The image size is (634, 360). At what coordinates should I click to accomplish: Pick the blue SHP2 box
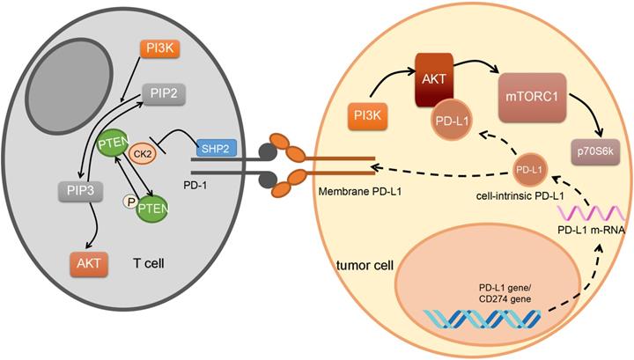tap(217, 149)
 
